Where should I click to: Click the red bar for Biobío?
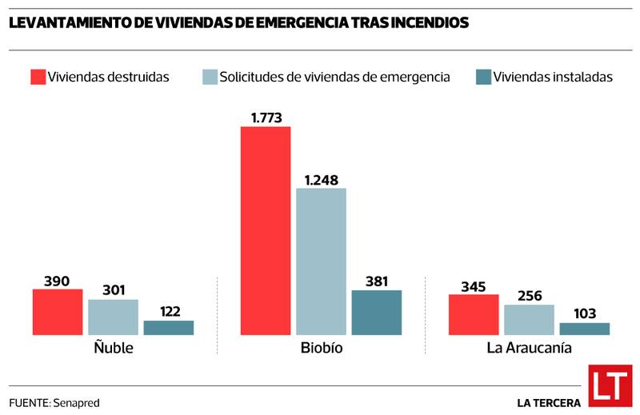click(x=266, y=230)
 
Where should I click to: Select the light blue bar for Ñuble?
click(x=113, y=317)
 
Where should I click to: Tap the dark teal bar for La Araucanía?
click(x=584, y=329)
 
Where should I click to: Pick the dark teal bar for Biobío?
click(x=376, y=312)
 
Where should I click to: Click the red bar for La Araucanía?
click(x=474, y=314)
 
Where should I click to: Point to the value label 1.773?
click(x=266, y=118)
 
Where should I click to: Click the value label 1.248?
click(x=322, y=179)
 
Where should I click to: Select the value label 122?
click(x=169, y=312)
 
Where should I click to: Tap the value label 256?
click(x=529, y=296)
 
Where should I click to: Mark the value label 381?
click(x=376, y=281)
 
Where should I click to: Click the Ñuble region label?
click(x=114, y=349)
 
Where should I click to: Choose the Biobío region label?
click(x=322, y=349)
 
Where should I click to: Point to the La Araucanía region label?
click(x=529, y=349)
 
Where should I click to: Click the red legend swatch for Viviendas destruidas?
click(x=38, y=77)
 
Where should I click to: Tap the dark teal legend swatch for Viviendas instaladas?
click(x=483, y=77)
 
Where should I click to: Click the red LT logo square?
click(x=610, y=386)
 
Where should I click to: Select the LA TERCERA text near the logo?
click(x=549, y=402)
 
